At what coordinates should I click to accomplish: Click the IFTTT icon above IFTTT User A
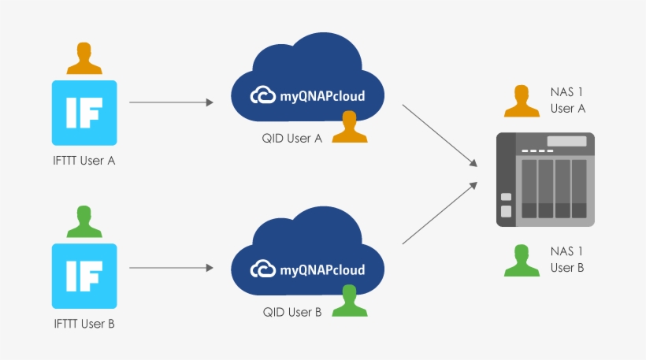84,113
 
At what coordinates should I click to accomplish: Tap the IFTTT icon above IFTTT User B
84,276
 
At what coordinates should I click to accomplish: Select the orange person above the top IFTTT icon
84,59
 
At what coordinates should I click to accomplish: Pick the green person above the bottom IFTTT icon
84,222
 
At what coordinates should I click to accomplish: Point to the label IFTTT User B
84,324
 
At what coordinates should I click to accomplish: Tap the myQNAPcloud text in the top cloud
322,97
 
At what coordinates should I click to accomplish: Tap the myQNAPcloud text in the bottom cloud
322,270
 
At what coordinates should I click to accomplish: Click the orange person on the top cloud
350,128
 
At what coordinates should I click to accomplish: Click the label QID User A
292,138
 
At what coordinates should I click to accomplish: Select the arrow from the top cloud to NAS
440,135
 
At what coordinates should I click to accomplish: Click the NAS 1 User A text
568,101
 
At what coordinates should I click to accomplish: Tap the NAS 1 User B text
567,260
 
